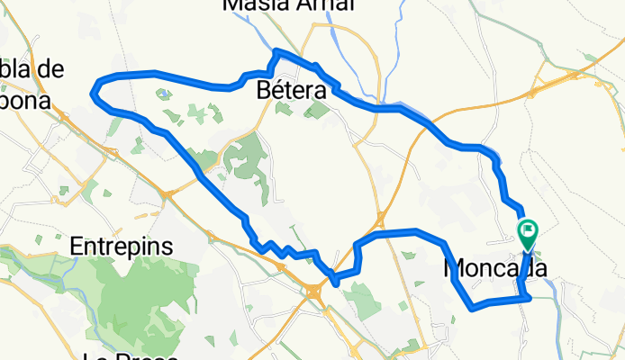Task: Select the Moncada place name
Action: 495,267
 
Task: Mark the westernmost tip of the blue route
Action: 94,89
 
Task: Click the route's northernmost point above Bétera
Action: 276,50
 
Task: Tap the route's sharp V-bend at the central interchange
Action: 335,283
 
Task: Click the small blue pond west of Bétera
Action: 162,92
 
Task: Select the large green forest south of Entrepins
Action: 144,306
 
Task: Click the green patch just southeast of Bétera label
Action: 316,110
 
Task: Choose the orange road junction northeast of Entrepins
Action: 168,192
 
